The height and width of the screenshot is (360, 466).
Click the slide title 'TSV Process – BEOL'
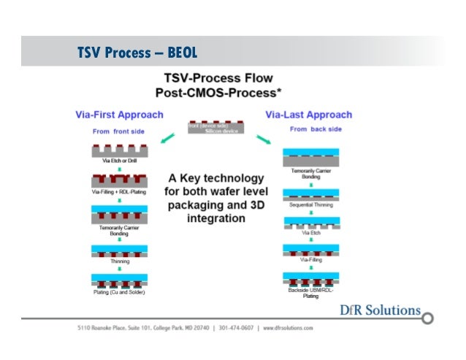point(137,53)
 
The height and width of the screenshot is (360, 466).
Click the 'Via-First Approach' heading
point(120,115)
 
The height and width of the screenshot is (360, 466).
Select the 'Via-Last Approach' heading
point(308,115)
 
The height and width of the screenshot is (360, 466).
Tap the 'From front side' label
point(118,131)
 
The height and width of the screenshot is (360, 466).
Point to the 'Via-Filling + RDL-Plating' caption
point(118,191)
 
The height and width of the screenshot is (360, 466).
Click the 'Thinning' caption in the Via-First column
point(119,260)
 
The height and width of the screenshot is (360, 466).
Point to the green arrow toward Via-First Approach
point(167,137)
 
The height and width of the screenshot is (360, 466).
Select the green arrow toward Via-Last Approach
point(265,137)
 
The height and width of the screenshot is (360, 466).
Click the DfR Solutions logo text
point(381,310)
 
